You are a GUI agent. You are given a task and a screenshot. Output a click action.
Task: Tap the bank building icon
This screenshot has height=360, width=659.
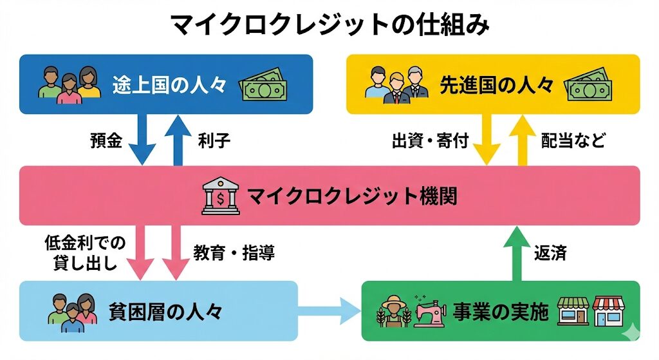pyautogui.click(x=220, y=196)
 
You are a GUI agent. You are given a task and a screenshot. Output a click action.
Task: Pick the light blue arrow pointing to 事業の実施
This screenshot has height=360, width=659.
pyautogui.click(x=330, y=312)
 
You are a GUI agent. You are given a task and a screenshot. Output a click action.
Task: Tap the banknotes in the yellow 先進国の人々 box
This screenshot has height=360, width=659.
pyautogui.click(x=588, y=86)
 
